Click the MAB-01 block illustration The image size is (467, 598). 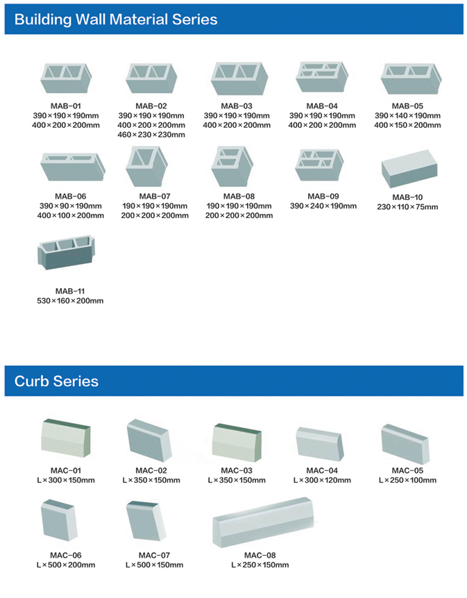tap(66, 78)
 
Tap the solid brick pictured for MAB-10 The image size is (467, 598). tap(409, 168)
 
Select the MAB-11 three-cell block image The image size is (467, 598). tap(67, 252)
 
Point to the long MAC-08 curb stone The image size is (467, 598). tap(263, 522)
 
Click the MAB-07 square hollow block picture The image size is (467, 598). tap(146, 166)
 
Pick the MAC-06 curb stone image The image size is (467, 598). tap(59, 520)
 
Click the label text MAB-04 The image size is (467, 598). tap(322, 106)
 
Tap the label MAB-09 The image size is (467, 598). tap(323, 197)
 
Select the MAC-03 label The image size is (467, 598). tap(237, 471)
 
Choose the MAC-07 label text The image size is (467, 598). tap(154, 556)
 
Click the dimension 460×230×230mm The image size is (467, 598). tap(151, 135)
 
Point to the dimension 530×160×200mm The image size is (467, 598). tap(70, 301)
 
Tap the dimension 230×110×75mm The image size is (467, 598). tap(407, 207)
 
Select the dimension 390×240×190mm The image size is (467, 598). tap(323, 206)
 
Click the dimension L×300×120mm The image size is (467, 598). tap(322, 480)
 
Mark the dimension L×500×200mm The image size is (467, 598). tap(66, 565)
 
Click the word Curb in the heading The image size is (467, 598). tap(32, 381)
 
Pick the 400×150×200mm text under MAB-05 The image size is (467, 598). tap(407, 125)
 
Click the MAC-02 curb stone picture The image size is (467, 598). tap(149, 440)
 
